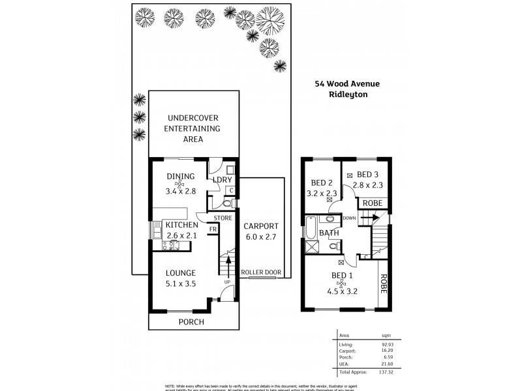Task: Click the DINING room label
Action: click(180, 176)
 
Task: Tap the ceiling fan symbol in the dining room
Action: click(180, 184)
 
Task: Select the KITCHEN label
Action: click(181, 225)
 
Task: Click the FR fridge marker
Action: click(213, 229)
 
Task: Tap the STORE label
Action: click(223, 218)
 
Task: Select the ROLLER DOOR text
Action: click(262, 272)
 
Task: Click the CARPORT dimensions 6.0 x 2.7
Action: click(262, 237)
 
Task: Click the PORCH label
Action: click(191, 322)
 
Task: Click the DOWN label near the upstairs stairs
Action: click(348, 218)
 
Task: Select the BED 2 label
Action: click(322, 182)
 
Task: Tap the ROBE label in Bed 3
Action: click(373, 203)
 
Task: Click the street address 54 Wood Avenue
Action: click(346, 83)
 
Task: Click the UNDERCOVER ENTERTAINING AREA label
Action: click(192, 128)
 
